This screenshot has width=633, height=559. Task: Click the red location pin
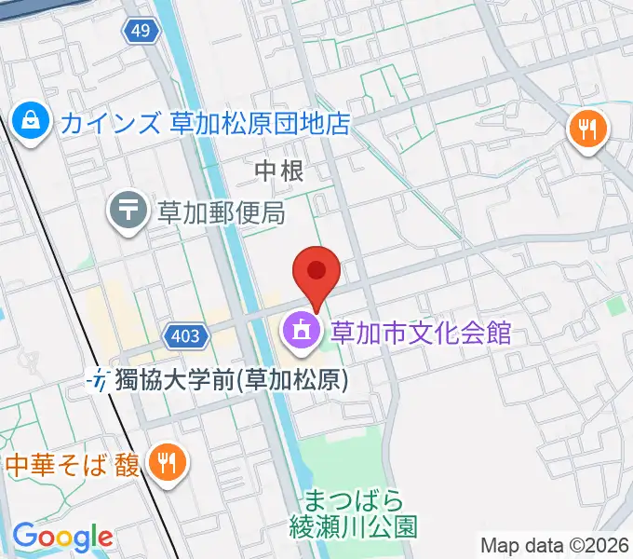coord(316,272)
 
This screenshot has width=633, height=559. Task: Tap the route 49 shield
coord(141,31)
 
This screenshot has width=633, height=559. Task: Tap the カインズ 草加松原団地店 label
coord(206,122)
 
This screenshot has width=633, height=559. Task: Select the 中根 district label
coord(278,170)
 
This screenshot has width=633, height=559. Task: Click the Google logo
coord(62,537)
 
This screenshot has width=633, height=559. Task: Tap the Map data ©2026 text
coord(555,546)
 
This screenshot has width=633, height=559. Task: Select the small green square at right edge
coord(614,305)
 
